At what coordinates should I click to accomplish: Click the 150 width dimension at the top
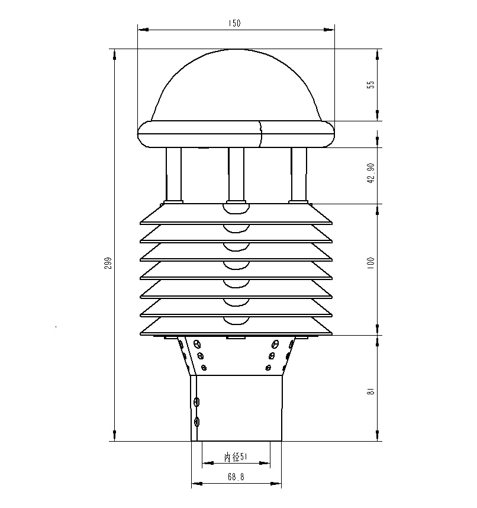(x=235, y=23)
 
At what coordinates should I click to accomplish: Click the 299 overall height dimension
(x=108, y=262)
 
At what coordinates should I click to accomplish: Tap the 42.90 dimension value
(x=371, y=173)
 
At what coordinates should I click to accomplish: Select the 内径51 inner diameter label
(x=236, y=457)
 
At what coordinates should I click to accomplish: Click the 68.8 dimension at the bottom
(x=235, y=477)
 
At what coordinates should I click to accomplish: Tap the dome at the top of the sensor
(x=236, y=83)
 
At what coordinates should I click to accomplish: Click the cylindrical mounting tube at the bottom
(x=237, y=409)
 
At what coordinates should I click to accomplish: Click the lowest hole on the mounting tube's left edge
(x=197, y=422)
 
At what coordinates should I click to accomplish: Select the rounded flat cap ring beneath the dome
(x=236, y=134)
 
